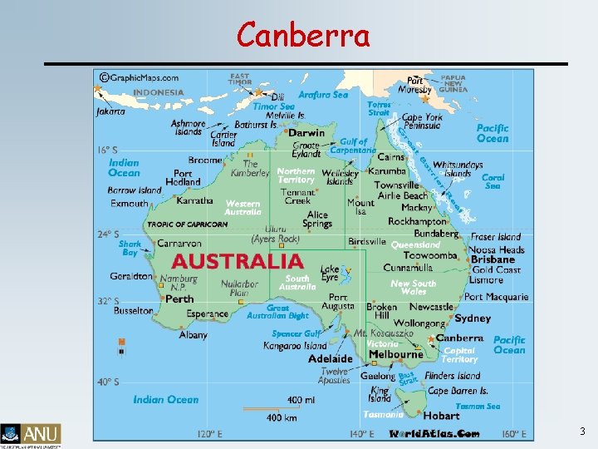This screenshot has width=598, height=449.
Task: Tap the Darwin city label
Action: (x=306, y=132)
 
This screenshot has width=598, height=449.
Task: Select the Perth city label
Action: (x=179, y=299)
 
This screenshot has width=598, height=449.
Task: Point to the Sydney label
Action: (x=473, y=318)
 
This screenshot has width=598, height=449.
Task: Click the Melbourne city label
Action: (x=396, y=354)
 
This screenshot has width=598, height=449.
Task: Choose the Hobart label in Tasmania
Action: (x=441, y=415)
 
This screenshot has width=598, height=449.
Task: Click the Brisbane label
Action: (x=493, y=259)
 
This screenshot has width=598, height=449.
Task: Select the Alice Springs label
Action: (x=317, y=220)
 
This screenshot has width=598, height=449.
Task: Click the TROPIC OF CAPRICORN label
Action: (x=187, y=224)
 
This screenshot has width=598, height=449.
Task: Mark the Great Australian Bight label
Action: (x=277, y=312)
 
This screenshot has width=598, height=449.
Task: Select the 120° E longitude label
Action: (x=212, y=434)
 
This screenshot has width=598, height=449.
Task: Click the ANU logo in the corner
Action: (x=31, y=433)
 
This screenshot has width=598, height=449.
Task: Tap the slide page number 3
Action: (x=581, y=432)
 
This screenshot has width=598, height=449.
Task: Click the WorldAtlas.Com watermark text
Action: (x=434, y=434)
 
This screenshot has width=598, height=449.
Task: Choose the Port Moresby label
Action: (x=414, y=84)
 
